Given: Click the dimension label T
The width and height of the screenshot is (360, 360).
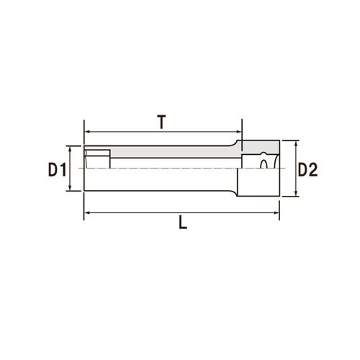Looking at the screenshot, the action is [x=162, y=122].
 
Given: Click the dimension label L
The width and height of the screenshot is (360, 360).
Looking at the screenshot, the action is [x=183, y=222].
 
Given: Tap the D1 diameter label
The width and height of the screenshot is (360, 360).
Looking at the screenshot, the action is [x=57, y=169].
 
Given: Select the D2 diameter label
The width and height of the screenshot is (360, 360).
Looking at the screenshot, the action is [x=307, y=169].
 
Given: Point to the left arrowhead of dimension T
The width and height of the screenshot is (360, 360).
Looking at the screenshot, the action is [x=88, y=132].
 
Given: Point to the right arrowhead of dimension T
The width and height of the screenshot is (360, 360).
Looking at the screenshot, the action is [x=239, y=132].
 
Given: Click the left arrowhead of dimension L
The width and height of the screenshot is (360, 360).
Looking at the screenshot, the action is [x=88, y=212].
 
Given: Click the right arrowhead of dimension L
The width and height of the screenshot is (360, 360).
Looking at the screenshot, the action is [x=276, y=212].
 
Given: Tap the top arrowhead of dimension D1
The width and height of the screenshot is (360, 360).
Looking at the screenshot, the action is [x=70, y=149].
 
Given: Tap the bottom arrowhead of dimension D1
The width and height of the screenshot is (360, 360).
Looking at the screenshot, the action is [x=70, y=187].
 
